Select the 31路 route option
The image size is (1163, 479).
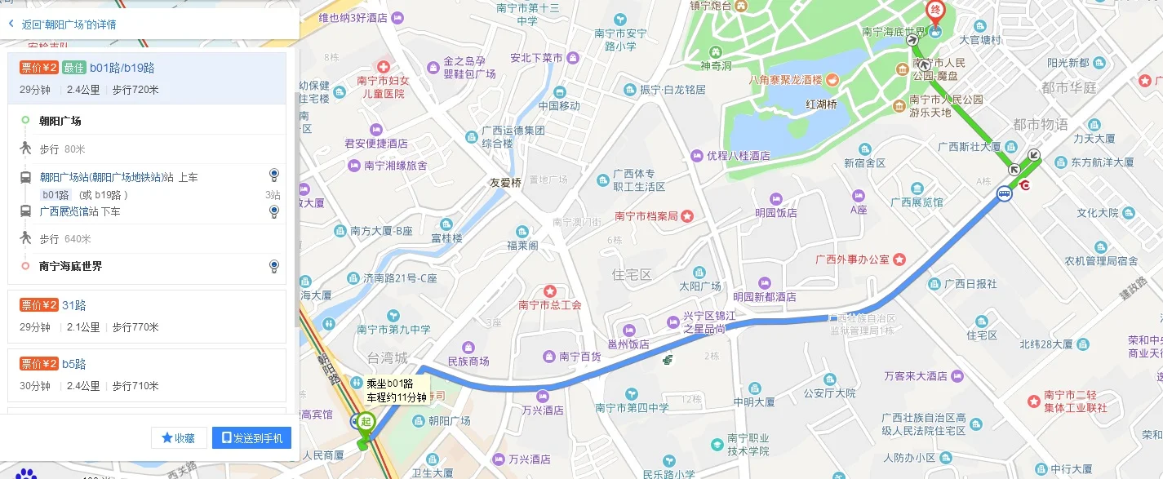pos(74,305)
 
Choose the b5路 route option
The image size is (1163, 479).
pos(74,364)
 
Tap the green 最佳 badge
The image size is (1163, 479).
pos(73,68)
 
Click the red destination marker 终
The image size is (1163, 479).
pos(934,12)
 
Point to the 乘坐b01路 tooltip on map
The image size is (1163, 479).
pos(396,390)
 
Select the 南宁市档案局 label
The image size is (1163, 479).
pos(646,216)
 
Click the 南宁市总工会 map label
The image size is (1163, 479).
pos(550,305)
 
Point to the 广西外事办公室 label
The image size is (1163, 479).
pos(852,259)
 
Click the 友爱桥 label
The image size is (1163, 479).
pos(505,183)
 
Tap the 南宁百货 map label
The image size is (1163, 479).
pos(579,357)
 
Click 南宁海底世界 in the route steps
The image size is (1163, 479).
pos(71,266)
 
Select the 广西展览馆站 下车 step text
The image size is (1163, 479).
pos(80,211)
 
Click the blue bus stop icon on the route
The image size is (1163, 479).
pos(1003,194)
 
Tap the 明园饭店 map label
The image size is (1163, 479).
pos(775,213)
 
